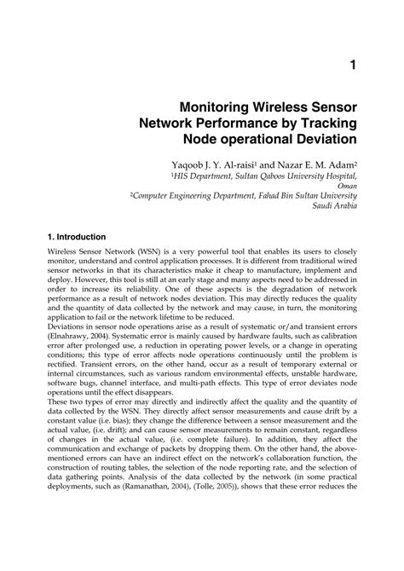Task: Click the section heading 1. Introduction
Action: point(77,236)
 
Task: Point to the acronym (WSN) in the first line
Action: point(145,254)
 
